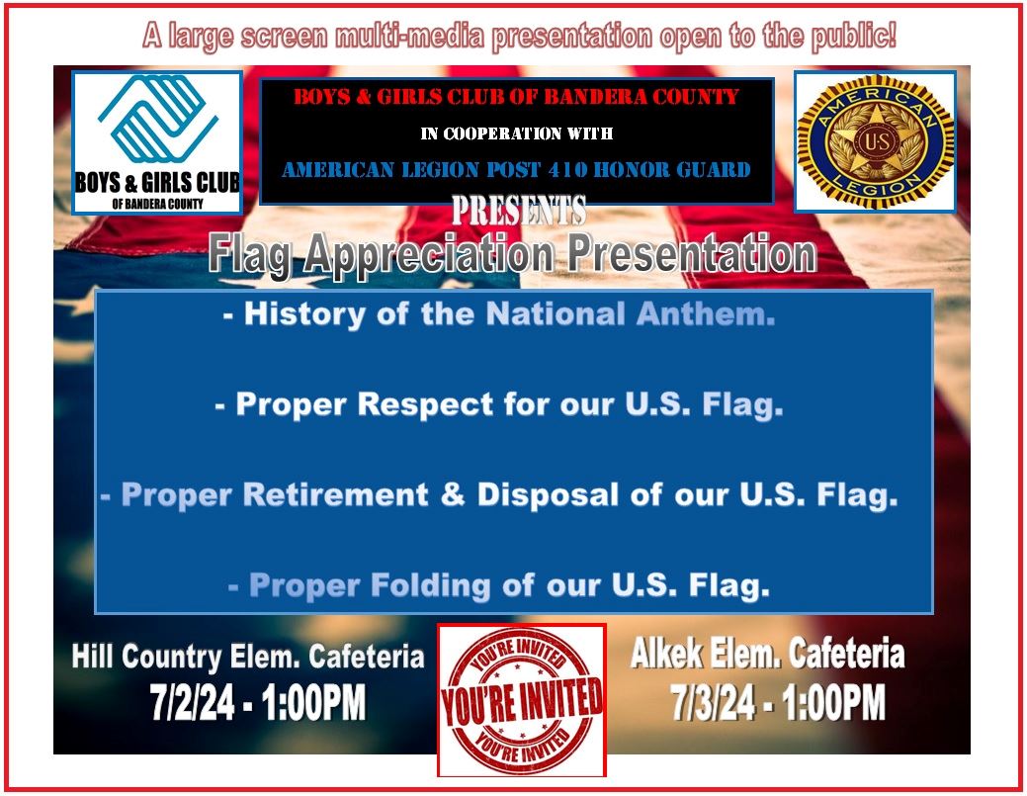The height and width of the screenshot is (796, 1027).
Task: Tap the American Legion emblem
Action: [x=875, y=140]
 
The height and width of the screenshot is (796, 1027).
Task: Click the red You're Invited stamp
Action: [x=521, y=700]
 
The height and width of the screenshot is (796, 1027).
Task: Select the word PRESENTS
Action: [x=519, y=211]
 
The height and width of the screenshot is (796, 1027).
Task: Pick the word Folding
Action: [x=425, y=585]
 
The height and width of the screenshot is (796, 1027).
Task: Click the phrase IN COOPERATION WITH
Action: [x=518, y=133]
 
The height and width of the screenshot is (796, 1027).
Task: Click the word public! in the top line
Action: [x=855, y=38]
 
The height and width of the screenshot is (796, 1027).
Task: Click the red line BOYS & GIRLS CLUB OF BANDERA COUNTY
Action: [x=517, y=97]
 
